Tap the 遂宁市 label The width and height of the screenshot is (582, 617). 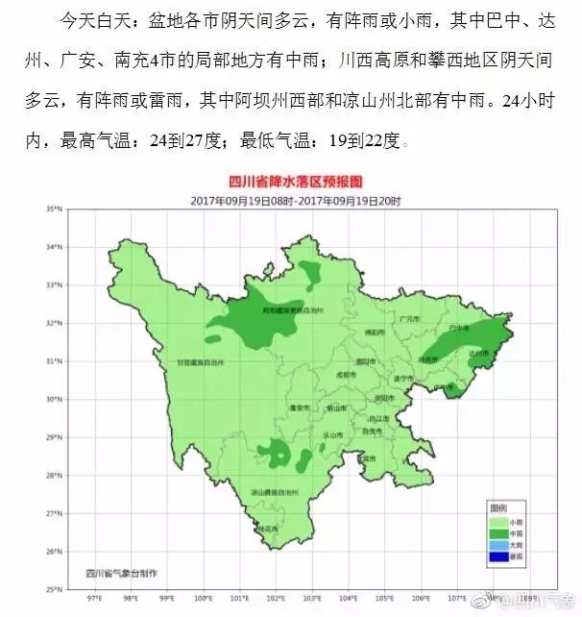[x=402, y=380]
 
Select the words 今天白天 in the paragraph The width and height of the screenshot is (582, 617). [x=91, y=20]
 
